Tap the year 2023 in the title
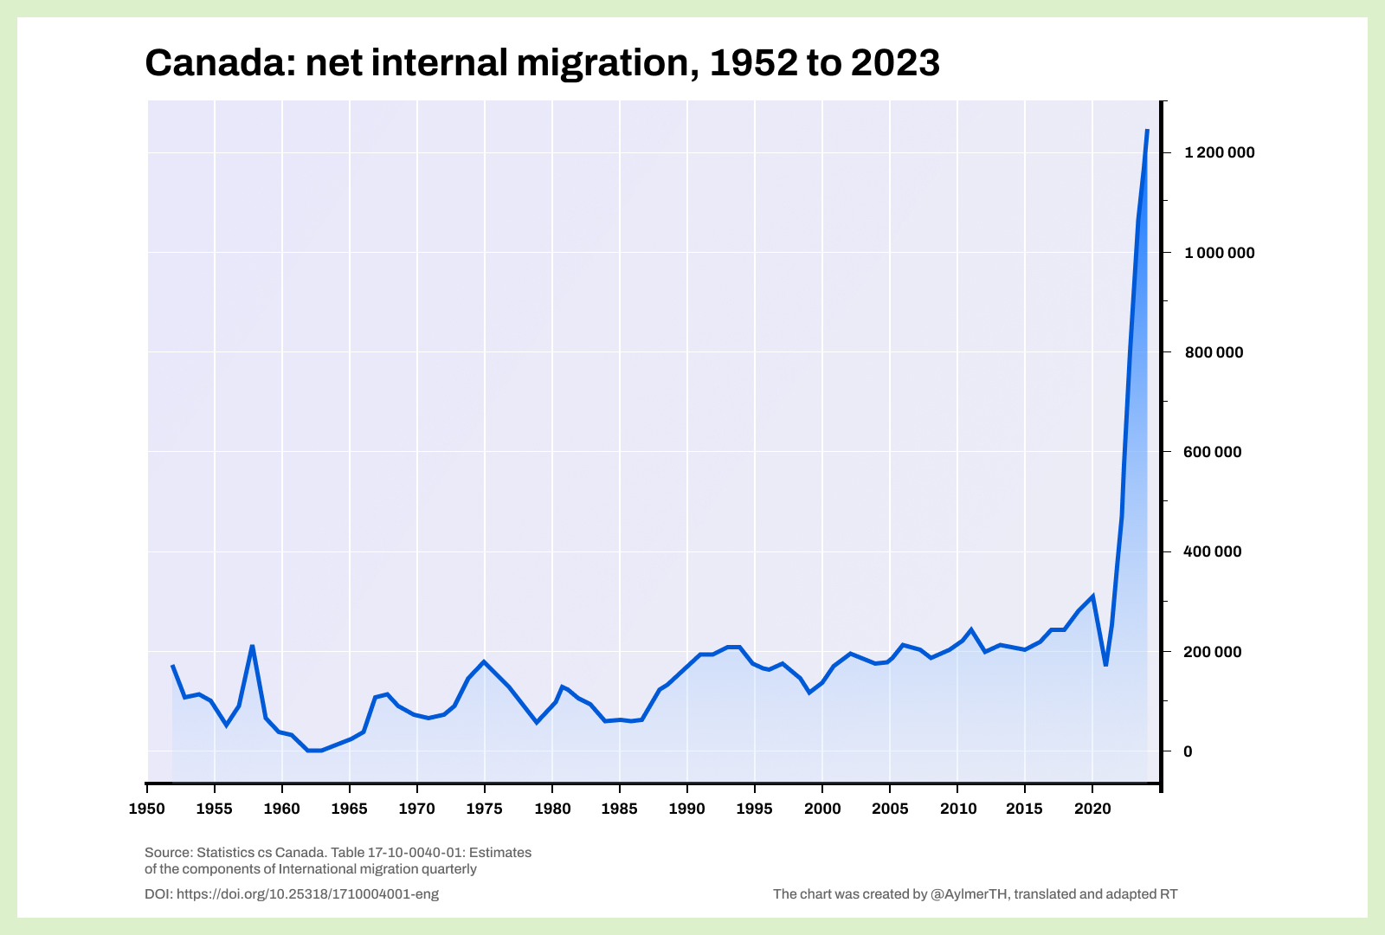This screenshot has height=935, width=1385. (894, 63)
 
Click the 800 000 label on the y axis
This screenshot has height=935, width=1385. (1213, 352)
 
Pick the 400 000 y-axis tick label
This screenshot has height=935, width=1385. (1213, 551)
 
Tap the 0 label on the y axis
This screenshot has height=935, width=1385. (1188, 751)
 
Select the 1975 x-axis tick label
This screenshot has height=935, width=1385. (485, 809)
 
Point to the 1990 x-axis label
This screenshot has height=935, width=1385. (687, 809)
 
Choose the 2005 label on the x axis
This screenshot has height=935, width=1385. (890, 809)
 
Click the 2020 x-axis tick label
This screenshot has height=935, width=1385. (1092, 809)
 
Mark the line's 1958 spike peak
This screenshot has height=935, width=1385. (252, 646)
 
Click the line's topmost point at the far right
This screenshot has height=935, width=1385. (1147, 130)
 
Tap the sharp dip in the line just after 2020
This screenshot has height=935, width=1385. (1105, 665)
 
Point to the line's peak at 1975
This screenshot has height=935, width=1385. (484, 662)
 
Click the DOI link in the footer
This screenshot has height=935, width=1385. (307, 894)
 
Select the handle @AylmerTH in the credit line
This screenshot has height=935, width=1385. (969, 894)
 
